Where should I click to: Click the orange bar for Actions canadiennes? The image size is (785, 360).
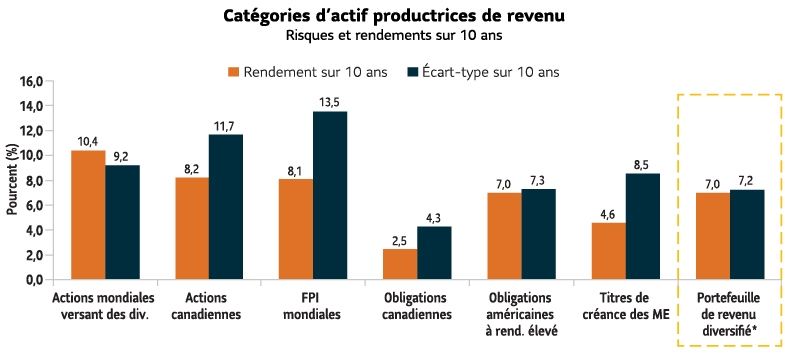(x=192, y=229)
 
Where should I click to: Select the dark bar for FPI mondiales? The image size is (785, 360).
(x=330, y=196)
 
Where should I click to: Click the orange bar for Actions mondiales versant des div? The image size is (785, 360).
(x=88, y=215)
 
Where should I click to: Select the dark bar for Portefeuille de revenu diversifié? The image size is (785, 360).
(x=746, y=235)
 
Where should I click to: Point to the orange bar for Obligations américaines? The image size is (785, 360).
(x=504, y=236)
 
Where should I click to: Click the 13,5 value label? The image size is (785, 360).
(x=330, y=102)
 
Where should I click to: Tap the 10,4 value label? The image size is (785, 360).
(x=88, y=141)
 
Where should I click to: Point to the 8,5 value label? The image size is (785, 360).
(x=642, y=164)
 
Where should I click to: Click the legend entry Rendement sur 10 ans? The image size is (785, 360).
(x=314, y=72)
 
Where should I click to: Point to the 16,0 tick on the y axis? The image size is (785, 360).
(x=33, y=81)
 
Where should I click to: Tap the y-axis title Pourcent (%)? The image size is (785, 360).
(x=12, y=180)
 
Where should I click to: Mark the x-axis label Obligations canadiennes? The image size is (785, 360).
(x=417, y=306)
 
